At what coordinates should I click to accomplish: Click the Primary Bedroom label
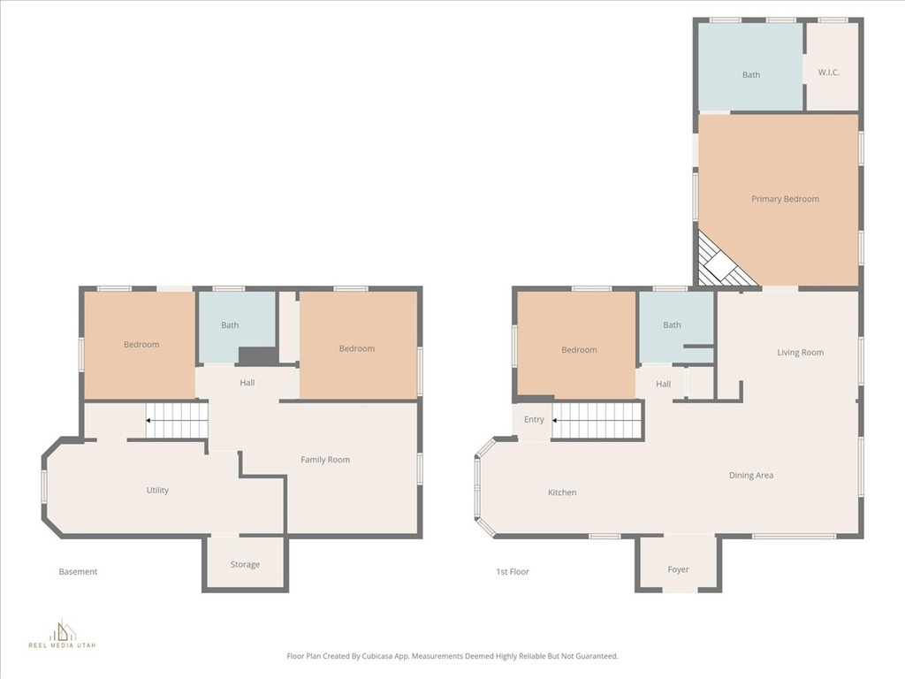click(785, 199)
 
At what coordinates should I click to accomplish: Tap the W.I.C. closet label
click(828, 72)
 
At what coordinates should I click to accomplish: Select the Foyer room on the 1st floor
click(678, 569)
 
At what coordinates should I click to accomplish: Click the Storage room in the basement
click(245, 564)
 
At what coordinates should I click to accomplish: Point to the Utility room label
click(157, 490)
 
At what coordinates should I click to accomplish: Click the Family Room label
click(325, 460)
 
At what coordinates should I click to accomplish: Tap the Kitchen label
click(562, 492)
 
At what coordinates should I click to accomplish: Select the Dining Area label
click(751, 475)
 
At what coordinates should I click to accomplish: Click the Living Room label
click(800, 353)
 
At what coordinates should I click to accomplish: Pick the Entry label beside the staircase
click(534, 419)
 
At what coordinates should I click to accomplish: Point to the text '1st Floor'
click(513, 572)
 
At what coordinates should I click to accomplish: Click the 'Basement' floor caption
click(78, 572)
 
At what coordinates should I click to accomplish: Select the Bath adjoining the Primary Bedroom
click(750, 75)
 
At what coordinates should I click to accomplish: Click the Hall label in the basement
click(247, 383)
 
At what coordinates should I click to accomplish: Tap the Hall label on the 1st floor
click(664, 385)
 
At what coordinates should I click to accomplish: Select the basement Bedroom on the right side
click(357, 348)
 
